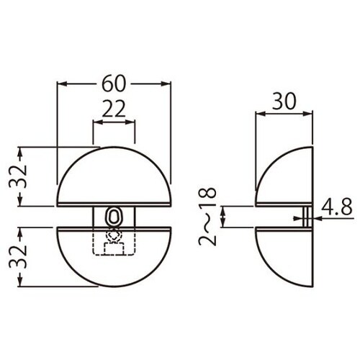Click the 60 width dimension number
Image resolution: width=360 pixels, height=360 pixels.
(x=114, y=84)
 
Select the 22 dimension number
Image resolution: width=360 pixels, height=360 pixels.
(x=114, y=109)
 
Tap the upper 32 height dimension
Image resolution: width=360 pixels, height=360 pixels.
(x=17, y=176)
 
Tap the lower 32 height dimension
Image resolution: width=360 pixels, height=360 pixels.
(x=17, y=256)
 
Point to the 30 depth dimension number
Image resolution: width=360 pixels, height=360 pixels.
(x=284, y=102)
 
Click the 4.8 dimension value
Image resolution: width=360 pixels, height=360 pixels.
(x=337, y=207)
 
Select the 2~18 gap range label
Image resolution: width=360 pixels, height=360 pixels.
(x=207, y=217)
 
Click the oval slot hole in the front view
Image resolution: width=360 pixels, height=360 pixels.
(x=114, y=216)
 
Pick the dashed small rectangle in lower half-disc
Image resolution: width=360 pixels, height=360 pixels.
(x=114, y=248)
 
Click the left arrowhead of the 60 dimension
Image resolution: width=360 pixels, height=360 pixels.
(x=62, y=84)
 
